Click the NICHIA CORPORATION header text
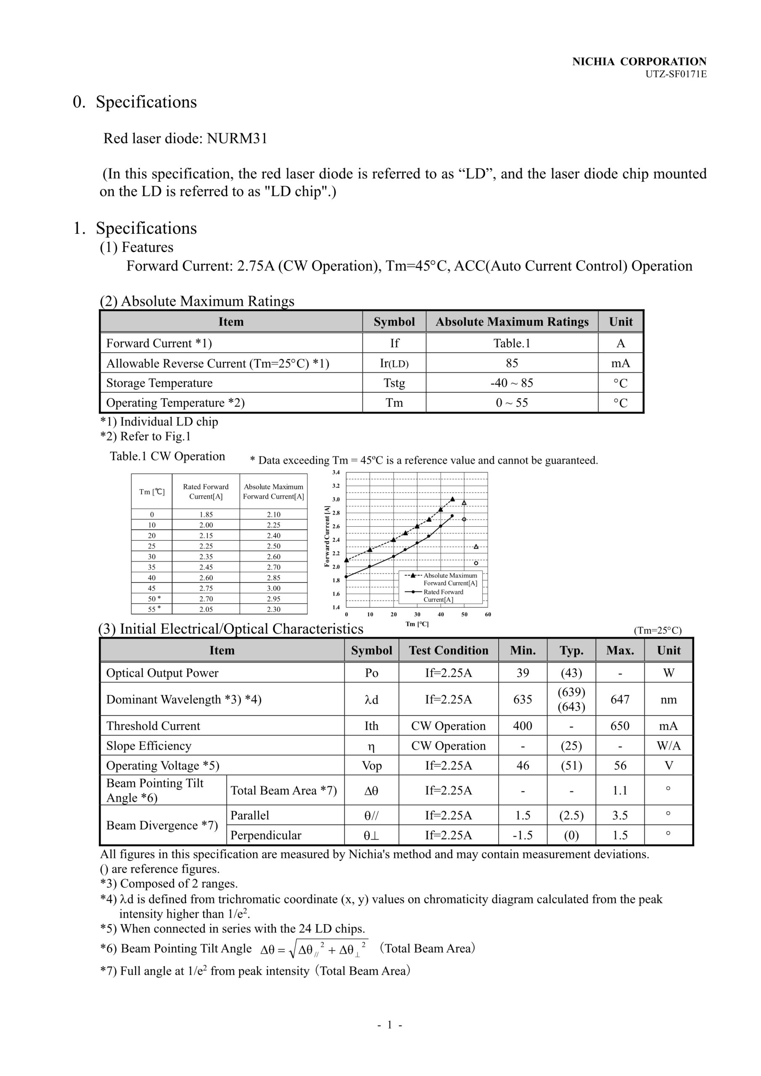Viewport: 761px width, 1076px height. pyautogui.click(x=639, y=61)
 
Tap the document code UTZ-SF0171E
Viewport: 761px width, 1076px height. pyautogui.click(x=676, y=74)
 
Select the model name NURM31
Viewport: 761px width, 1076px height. pyautogui.click(x=237, y=139)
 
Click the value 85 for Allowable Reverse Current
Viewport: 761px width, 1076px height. pyautogui.click(x=512, y=363)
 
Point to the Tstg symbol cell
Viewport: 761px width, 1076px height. pyautogui.click(x=394, y=383)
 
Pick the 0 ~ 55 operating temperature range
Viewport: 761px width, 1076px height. pyautogui.click(x=512, y=403)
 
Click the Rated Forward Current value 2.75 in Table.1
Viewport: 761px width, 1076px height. pyautogui.click(x=206, y=588)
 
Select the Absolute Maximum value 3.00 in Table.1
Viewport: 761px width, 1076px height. pyautogui.click(x=273, y=588)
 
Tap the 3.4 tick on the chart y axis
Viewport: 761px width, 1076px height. pyautogui.click(x=336, y=472)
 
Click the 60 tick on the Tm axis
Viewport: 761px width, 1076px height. pyautogui.click(x=488, y=614)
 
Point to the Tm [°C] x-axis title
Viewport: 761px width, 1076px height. pyautogui.click(x=417, y=624)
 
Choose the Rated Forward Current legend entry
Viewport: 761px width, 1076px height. pyautogui.click(x=443, y=596)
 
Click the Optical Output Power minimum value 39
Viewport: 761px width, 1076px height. pyautogui.click(x=522, y=673)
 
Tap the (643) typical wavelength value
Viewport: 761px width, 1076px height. pyautogui.click(x=571, y=707)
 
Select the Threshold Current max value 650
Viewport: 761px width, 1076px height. pyautogui.click(x=619, y=726)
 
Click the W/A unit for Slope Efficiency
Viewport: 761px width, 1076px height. pyautogui.click(x=668, y=746)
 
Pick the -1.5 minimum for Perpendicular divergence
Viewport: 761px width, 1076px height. pyautogui.click(x=522, y=835)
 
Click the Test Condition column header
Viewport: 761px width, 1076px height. pyautogui.click(x=448, y=651)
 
